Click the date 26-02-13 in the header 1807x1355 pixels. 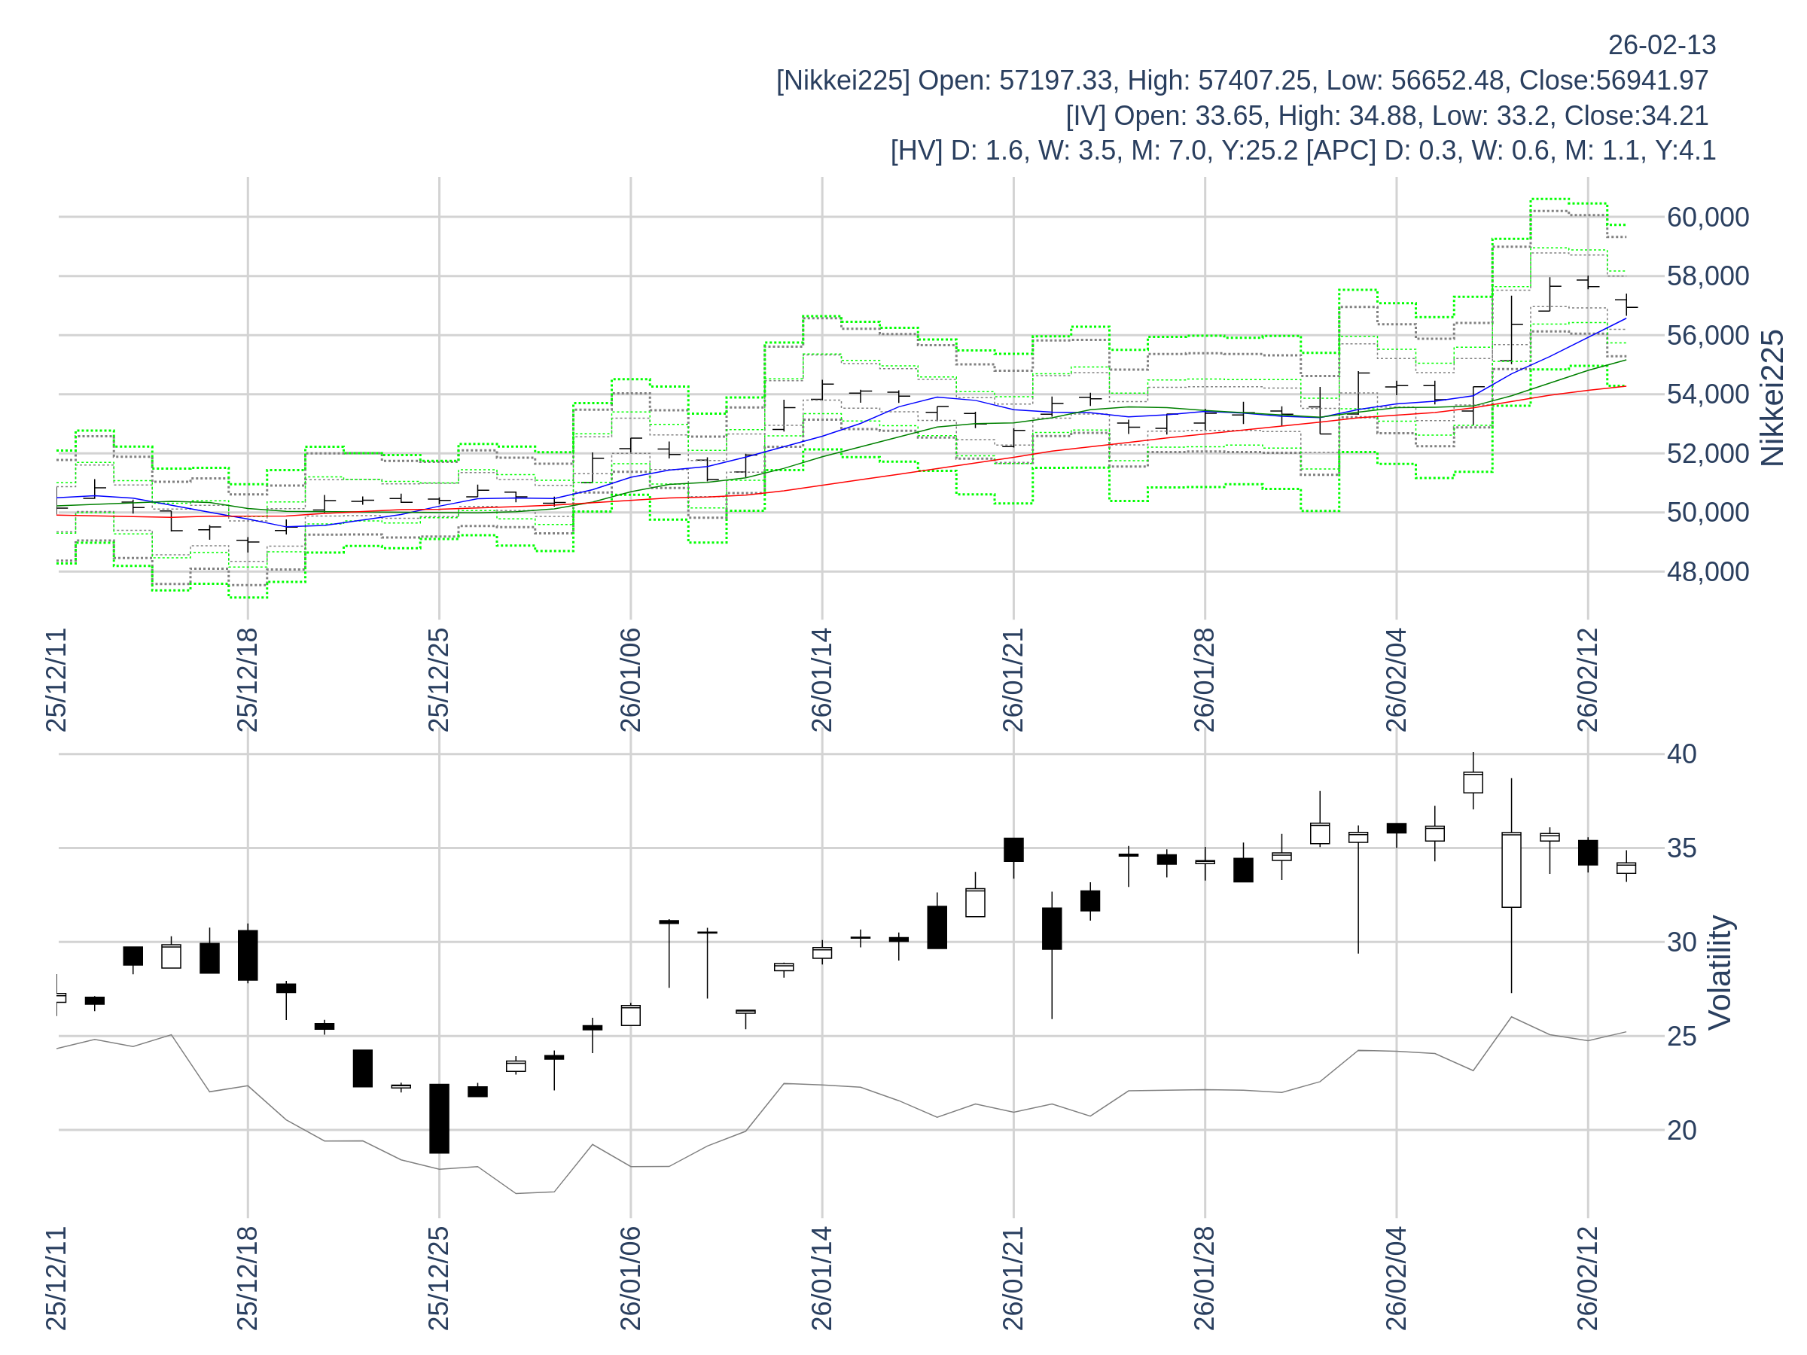coord(1662,46)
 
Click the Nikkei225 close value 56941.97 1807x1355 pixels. coord(1652,81)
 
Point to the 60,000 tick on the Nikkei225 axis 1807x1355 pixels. coord(1708,218)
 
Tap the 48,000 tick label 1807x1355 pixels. coord(1708,571)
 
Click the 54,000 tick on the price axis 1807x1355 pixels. coord(1708,394)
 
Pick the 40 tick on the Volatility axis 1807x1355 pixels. coord(1681,754)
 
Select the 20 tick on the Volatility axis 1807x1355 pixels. coord(1681,1131)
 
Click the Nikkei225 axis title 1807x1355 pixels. coord(1772,398)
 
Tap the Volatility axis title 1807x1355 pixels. coord(1720,973)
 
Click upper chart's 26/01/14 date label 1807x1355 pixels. coord(822,681)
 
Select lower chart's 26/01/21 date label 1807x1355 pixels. coord(1013,1278)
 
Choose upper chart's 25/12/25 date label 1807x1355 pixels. coord(439,681)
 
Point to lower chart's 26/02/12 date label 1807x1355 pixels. coord(1587,1278)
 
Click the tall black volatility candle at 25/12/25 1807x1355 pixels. coord(440,1118)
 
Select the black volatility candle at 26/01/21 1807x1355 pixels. coord(1013,849)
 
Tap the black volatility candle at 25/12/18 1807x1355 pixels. coord(248,955)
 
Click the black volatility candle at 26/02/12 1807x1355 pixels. coord(1587,852)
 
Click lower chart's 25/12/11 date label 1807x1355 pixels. coord(56,1278)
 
